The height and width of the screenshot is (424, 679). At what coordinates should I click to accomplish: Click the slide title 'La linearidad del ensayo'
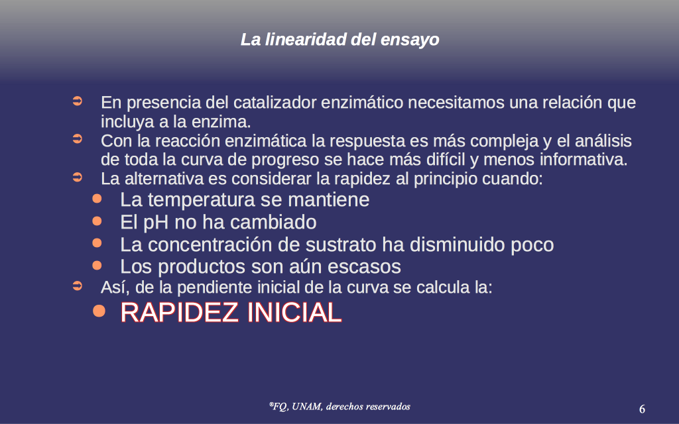[x=340, y=40]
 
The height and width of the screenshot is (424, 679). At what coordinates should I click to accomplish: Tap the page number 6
[x=642, y=409]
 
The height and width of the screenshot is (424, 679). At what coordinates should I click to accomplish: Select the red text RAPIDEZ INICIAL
[x=231, y=312]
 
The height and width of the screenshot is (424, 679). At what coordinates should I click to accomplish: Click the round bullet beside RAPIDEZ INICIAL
[x=99, y=311]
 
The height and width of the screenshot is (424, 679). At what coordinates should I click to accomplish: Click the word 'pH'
[x=156, y=223]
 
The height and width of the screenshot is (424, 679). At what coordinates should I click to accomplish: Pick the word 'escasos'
[x=364, y=267]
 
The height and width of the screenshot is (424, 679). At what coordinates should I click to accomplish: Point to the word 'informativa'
[x=584, y=160]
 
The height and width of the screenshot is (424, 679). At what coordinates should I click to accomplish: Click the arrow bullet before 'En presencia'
[x=77, y=101]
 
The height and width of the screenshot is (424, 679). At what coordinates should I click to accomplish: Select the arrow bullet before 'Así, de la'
[x=77, y=286]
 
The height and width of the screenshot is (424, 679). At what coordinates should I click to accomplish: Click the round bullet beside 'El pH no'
[x=97, y=221]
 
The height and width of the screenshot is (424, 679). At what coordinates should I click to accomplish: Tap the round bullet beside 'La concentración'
[x=97, y=242]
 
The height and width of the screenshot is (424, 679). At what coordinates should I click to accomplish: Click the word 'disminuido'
[x=458, y=245]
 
